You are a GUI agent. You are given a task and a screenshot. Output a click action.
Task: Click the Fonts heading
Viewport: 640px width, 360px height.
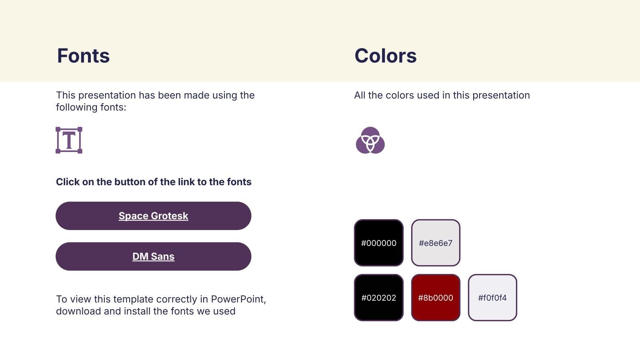pyautogui.click(x=84, y=56)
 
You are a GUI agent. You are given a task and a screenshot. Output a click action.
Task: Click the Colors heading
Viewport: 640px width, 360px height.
pyautogui.click(x=386, y=56)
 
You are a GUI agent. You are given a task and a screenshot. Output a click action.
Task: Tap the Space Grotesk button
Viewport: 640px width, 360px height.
pyautogui.click(x=154, y=216)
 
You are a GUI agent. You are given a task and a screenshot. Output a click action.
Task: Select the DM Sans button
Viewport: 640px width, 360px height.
pyautogui.click(x=154, y=256)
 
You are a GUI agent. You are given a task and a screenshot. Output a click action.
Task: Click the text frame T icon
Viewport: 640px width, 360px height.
pyautogui.click(x=69, y=140)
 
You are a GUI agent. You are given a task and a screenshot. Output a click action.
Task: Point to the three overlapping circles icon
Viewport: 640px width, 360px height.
pyautogui.click(x=370, y=140)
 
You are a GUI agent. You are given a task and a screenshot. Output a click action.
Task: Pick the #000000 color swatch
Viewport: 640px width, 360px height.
pyautogui.click(x=378, y=243)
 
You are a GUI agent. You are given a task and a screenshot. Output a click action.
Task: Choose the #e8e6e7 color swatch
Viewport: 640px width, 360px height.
pyautogui.click(x=436, y=243)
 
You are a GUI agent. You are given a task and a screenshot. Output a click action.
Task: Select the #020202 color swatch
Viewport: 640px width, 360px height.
pyautogui.click(x=378, y=298)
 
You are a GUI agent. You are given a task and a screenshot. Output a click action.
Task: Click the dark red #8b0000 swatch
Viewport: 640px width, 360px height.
pyautogui.click(x=436, y=298)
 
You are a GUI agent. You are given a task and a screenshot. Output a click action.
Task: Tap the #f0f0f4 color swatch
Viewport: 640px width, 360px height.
pyautogui.click(x=492, y=298)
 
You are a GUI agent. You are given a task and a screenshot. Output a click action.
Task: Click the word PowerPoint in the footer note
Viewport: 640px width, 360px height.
pyautogui.click(x=238, y=299)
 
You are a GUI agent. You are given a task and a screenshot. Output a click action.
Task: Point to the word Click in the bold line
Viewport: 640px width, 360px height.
pyautogui.click(x=68, y=182)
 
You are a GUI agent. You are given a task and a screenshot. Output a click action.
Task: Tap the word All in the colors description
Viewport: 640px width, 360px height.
pyautogui.click(x=360, y=95)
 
